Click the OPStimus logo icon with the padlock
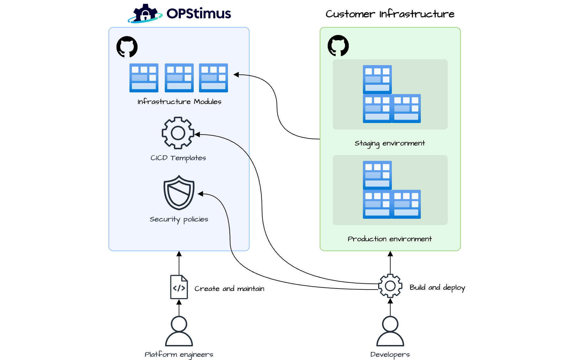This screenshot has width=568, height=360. pos(145,14)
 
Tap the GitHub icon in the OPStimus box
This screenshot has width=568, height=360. pos(127,47)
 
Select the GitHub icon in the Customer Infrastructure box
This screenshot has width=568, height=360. pos(338,46)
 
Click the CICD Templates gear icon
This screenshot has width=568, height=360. pos(178,133)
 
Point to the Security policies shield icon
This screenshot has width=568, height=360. pos(179,192)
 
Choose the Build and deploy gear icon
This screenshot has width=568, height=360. pos(390,286)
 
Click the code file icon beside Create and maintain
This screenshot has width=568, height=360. pos(179,287)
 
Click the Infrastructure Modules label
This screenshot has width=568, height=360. pos(179,102)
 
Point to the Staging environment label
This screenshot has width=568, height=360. pos(390,143)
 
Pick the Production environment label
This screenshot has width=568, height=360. pos(390,239)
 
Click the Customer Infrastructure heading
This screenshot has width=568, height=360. pos(390,14)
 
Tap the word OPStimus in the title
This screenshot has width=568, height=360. pos(198,14)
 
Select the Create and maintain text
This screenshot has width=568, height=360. pos(229,289)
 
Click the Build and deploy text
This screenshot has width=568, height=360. pos(437,288)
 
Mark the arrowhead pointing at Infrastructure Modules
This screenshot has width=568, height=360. pos(236,75)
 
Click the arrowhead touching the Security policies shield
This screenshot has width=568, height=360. pos(200,194)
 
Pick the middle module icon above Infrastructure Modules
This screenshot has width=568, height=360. pos(179,78)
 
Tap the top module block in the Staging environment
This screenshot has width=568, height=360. pos(377,79)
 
